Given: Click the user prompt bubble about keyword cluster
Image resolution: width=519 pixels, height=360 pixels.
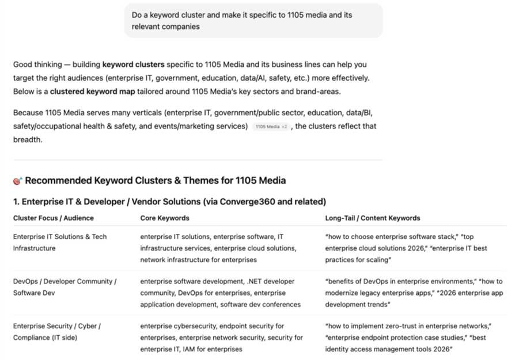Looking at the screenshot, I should [x=253, y=21].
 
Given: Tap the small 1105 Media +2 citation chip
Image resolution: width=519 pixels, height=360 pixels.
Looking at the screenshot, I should [x=271, y=126].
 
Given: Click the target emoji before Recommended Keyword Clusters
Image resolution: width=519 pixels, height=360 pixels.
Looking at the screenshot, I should [x=17, y=181].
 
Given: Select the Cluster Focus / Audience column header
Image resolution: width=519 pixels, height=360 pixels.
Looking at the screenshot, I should [x=54, y=218].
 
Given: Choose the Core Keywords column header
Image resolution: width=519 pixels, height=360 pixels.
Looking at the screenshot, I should [x=165, y=218].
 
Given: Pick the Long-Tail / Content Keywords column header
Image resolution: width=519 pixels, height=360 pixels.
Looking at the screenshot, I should [x=373, y=218].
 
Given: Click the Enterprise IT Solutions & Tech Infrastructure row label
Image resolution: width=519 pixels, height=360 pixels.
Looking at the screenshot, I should [x=60, y=242].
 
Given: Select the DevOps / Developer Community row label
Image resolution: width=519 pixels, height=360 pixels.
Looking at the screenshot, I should [x=65, y=287].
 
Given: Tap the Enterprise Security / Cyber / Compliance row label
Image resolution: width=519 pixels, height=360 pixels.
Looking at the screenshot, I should [x=57, y=332].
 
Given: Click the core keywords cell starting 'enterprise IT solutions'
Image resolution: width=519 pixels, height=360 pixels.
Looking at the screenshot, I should [x=218, y=248].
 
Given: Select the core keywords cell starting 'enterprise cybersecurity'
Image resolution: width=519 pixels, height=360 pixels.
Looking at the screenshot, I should [x=222, y=338].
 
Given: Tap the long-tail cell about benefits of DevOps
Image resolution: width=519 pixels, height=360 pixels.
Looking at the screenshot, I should [x=414, y=293].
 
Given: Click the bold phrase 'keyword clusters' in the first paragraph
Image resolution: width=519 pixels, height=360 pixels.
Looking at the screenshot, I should [x=133, y=65].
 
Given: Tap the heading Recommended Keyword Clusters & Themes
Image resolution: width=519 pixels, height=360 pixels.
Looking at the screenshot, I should [x=155, y=181].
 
